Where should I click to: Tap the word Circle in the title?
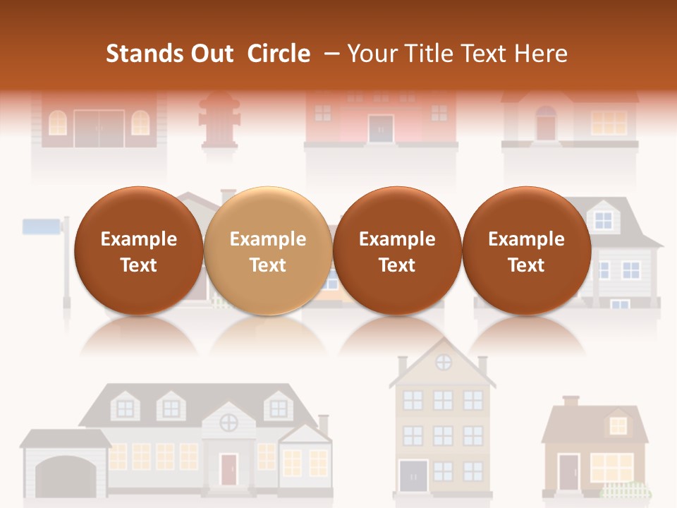coord(279,54)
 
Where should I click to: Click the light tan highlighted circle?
coord(268,250)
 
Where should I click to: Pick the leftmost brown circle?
coord(139,250)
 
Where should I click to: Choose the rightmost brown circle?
coord(526,250)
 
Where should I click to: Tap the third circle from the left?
coord(397,250)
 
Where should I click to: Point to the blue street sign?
coord(43,226)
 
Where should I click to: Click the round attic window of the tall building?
coord(444,363)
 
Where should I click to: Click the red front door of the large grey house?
coord(228,469)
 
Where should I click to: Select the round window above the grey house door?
coord(228,423)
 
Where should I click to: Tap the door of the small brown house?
coord(568,473)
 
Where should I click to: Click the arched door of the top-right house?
coord(546,124)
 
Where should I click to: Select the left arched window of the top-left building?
coord(58,123)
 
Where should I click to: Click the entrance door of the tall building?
coord(413,476)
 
